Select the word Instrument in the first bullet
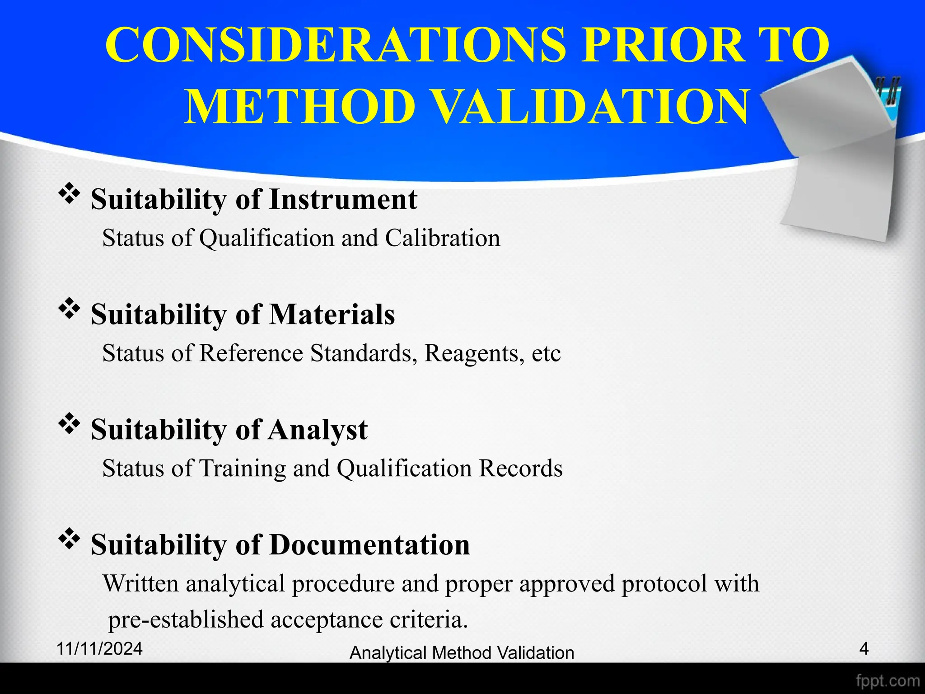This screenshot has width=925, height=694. [343, 200]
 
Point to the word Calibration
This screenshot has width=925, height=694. [443, 238]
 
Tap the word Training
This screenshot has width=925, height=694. [243, 469]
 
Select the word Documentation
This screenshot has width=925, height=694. [369, 544]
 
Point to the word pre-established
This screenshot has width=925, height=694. [186, 619]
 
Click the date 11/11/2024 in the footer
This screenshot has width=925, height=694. [100, 649]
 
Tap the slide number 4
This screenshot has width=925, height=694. [864, 649]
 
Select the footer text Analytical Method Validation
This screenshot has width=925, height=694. [462, 653]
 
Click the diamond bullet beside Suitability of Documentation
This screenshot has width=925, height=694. [69, 539]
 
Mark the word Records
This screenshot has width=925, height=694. [521, 469]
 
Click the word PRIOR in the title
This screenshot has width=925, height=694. [663, 45]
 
